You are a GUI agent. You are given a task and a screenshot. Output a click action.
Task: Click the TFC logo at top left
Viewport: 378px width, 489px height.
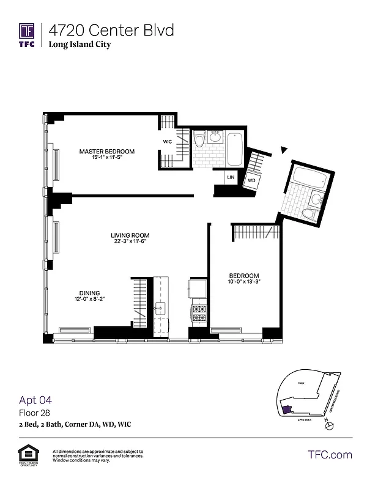click(26, 35)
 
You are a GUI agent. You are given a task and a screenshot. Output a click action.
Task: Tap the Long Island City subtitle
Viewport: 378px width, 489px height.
click(80, 45)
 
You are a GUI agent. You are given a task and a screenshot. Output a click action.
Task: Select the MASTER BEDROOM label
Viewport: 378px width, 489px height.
click(106, 152)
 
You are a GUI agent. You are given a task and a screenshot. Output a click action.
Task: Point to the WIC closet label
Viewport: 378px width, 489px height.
click(167, 142)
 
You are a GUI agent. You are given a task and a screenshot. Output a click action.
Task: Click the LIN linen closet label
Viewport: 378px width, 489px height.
click(231, 177)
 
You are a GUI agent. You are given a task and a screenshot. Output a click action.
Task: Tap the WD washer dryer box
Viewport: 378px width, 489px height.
click(251, 181)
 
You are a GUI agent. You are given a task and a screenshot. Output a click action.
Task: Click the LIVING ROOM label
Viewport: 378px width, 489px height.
click(130, 235)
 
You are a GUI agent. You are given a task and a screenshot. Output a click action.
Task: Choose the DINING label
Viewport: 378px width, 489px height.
click(89, 293)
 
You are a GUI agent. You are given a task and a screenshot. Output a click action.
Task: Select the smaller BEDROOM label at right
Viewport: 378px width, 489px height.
click(244, 275)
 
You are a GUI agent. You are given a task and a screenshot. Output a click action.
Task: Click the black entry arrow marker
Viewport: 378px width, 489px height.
click(283, 149)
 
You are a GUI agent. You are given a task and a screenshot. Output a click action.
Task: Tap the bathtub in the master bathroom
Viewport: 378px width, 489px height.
click(235, 150)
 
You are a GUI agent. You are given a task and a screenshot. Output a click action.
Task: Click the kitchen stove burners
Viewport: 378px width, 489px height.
click(199, 313)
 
